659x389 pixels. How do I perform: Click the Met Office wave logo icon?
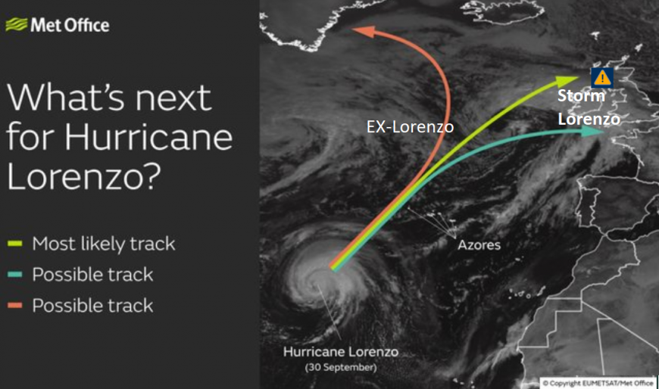[17, 25]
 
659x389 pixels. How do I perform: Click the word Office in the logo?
[88, 25]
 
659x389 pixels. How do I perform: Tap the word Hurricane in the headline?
[148, 137]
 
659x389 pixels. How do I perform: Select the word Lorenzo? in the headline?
[83, 176]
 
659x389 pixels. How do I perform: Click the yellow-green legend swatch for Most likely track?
[14, 244]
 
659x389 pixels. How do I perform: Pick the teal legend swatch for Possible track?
[14, 275]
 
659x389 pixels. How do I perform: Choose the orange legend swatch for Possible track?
[14, 306]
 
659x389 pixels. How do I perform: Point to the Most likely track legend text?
[104, 244]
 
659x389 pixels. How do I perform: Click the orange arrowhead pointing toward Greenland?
[364, 32]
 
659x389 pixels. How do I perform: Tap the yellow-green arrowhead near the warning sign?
[567, 81]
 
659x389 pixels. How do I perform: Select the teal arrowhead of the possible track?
[592, 131]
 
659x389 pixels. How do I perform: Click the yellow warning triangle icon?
[603, 78]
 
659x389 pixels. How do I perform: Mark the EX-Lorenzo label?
[411, 127]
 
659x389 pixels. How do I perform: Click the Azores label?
[479, 245]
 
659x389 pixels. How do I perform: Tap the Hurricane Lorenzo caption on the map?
[341, 352]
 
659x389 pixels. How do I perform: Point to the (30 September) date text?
[341, 367]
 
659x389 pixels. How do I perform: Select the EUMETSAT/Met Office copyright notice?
[598, 383]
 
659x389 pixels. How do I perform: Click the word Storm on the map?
[581, 96]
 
